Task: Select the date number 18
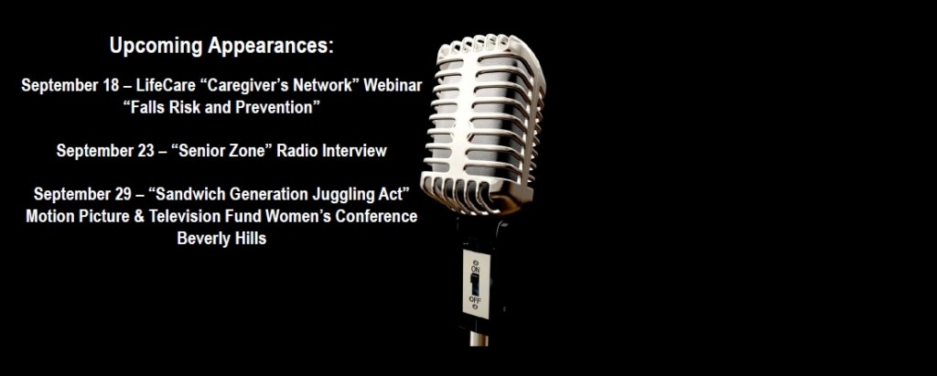coord(111,85)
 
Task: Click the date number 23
coord(145,151)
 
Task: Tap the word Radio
coord(300,151)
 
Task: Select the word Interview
coord(354,151)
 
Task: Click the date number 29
coord(122,194)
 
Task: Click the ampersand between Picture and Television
coord(139,217)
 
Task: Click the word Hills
coord(251,239)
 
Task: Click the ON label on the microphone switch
coord(475,270)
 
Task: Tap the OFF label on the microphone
coord(475,299)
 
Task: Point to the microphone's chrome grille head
coord(483,124)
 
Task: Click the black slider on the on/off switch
coord(475,285)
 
